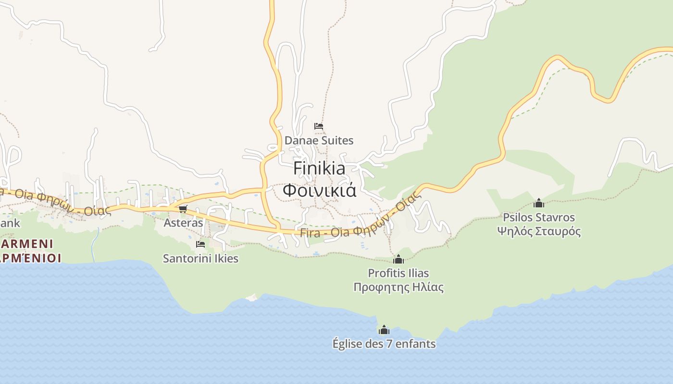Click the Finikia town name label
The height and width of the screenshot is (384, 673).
point(319,168)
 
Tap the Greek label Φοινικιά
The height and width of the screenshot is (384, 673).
point(319,190)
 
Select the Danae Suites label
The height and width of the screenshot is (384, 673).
point(319,141)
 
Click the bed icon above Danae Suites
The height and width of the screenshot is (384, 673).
point(319,126)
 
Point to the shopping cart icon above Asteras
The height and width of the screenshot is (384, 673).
point(183,209)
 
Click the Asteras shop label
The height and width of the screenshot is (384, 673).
point(183,223)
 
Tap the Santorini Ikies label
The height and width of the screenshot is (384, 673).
point(200,258)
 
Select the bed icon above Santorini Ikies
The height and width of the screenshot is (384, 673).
point(200,244)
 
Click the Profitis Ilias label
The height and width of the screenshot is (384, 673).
point(398,273)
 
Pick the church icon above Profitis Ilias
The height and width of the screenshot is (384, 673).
point(398,260)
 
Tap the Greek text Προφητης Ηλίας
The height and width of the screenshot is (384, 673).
point(398,287)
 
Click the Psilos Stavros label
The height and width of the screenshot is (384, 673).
point(539,217)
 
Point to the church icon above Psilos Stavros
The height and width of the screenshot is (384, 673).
point(539,203)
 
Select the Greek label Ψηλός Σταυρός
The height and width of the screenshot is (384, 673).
point(539,231)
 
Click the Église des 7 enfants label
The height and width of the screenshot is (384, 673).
point(384,344)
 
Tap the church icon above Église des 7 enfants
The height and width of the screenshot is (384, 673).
point(384,330)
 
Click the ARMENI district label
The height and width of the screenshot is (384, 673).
point(27,243)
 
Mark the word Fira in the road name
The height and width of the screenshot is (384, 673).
point(310,233)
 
